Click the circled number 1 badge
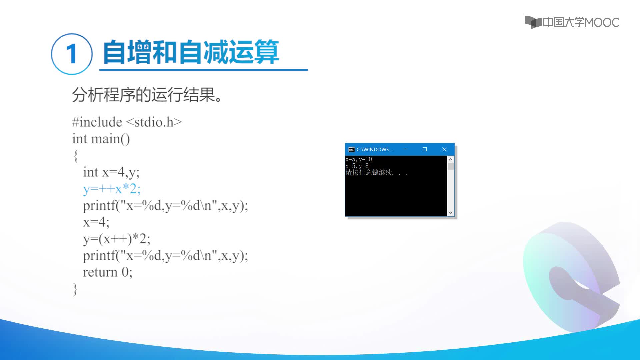pos(72,54)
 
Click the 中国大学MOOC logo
pos(572,22)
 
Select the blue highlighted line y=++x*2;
pos(112,189)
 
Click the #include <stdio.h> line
pos(127,122)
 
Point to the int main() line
pos(101,139)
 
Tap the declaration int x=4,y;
pos(111,172)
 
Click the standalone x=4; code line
pos(96,222)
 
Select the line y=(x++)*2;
pos(117,239)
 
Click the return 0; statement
pos(108,272)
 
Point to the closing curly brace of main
pos(75,289)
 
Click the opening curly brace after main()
pos(76,156)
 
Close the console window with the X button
pos(444,149)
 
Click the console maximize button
pos(425,149)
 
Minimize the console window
pos(405,149)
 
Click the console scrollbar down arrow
pos(451,213)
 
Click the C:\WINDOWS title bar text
pos(375,150)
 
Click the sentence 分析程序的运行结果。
pos(147,95)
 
